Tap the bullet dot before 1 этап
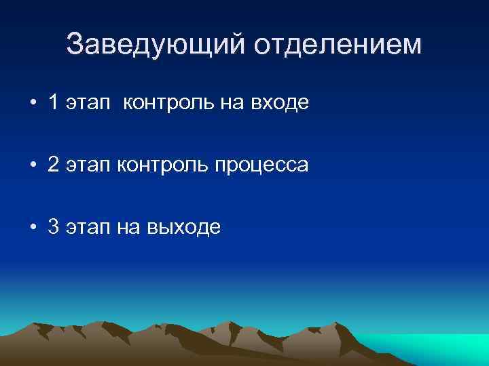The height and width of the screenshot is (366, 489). [x=33, y=104]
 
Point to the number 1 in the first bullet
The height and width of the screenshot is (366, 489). [x=54, y=103]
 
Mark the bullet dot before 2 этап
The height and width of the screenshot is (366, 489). [x=33, y=166]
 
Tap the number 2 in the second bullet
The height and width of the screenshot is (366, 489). [x=54, y=165]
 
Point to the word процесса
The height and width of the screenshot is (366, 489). [x=261, y=166]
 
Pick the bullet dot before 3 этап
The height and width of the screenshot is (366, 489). [x=33, y=228]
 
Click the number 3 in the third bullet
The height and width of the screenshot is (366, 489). [x=54, y=228]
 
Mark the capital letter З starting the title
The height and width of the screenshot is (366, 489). [x=75, y=45]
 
